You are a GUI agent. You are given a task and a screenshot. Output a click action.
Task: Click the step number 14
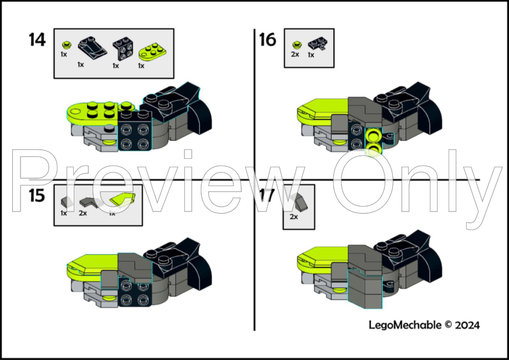tap(37, 40)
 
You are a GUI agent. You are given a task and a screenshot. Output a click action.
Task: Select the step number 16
tap(268, 40)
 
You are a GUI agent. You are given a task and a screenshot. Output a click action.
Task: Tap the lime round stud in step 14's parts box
tap(66, 44)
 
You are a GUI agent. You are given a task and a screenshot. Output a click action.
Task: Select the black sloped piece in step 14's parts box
tap(91, 46)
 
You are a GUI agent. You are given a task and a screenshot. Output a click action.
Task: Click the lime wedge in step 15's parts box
tap(122, 200)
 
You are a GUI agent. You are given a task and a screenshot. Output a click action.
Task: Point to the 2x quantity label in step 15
tap(83, 213)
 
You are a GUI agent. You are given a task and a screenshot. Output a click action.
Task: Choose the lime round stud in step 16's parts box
tap(296, 45)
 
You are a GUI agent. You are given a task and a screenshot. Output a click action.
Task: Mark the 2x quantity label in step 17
tap(294, 217)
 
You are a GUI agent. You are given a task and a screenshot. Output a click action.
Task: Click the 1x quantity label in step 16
tap(311, 54)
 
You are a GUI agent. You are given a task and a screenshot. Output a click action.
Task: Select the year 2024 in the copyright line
tap(468, 325)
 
